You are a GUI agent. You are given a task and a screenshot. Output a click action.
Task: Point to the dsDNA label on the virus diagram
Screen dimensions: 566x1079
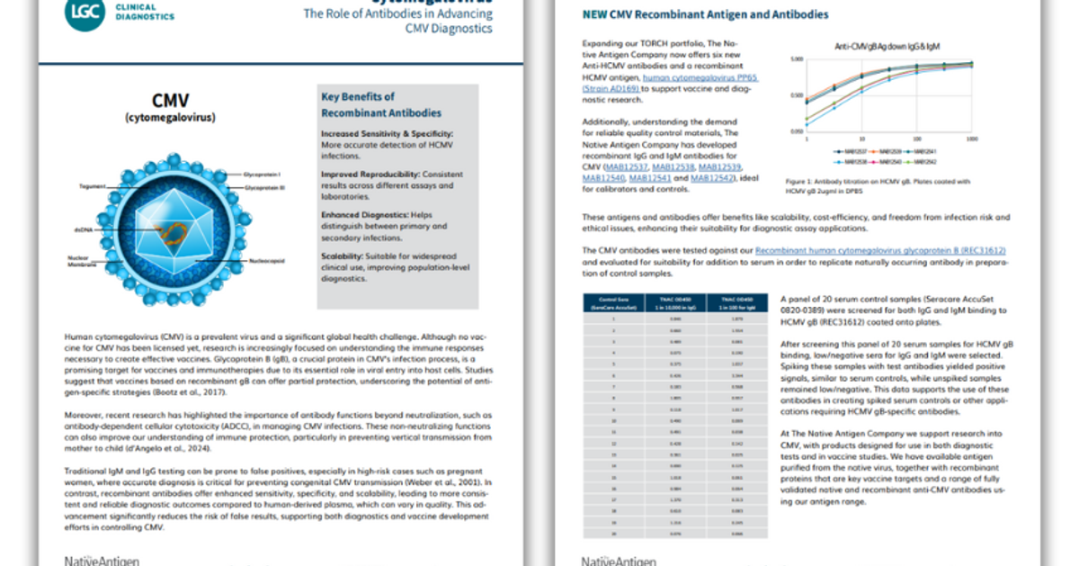tap(85, 229)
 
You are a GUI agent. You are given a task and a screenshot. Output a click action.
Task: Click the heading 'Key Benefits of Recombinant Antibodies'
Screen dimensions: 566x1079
tap(381, 104)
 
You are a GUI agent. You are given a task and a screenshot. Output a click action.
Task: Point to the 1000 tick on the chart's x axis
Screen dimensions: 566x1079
tap(972, 139)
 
